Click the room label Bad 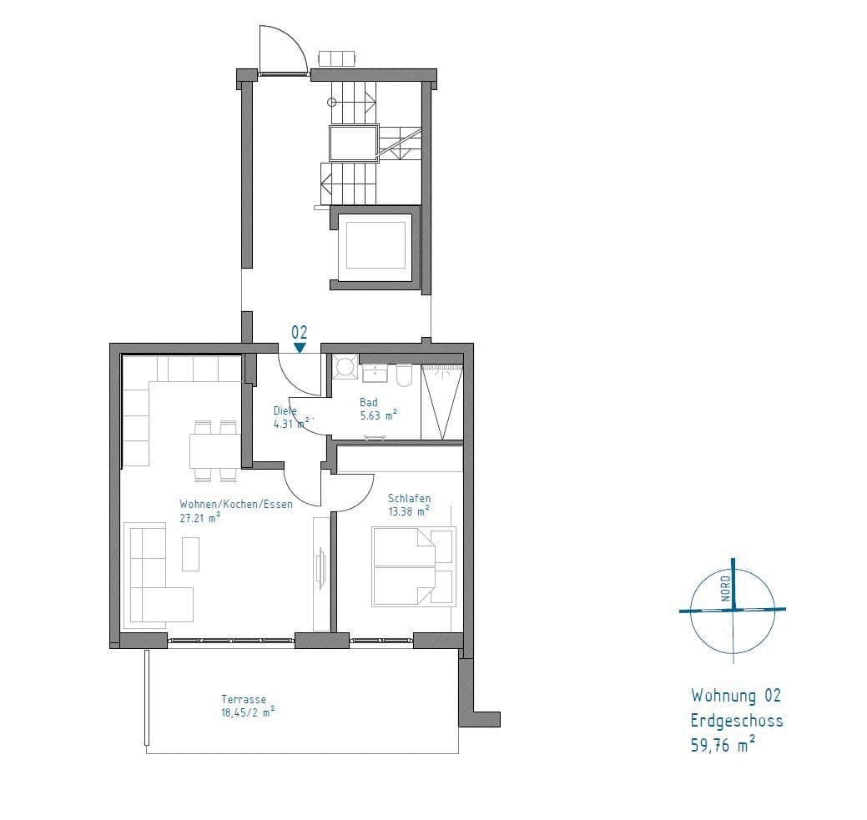click(x=368, y=402)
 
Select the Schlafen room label click(x=409, y=498)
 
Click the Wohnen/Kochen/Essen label click(x=236, y=504)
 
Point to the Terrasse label click(x=244, y=700)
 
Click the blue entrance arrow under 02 click(x=300, y=347)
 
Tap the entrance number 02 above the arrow click(x=300, y=332)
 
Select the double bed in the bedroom click(x=414, y=566)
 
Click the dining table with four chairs click(x=214, y=451)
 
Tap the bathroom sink click(x=376, y=372)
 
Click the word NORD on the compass click(x=726, y=588)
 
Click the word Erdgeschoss click(x=736, y=721)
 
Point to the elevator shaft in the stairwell click(x=375, y=247)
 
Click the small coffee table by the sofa click(x=191, y=554)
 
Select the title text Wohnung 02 click(x=735, y=696)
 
